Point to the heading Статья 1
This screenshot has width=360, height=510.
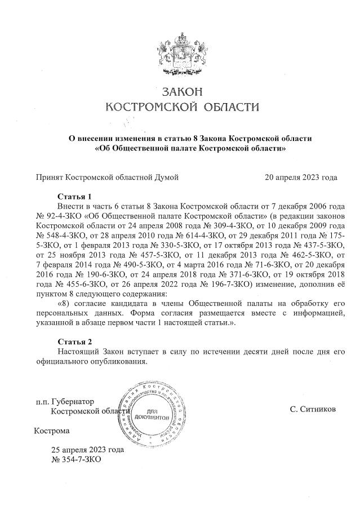[x=74, y=197]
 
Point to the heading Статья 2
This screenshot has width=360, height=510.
[x=74, y=342]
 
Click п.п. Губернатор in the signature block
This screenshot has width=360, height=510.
[x=64, y=402]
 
